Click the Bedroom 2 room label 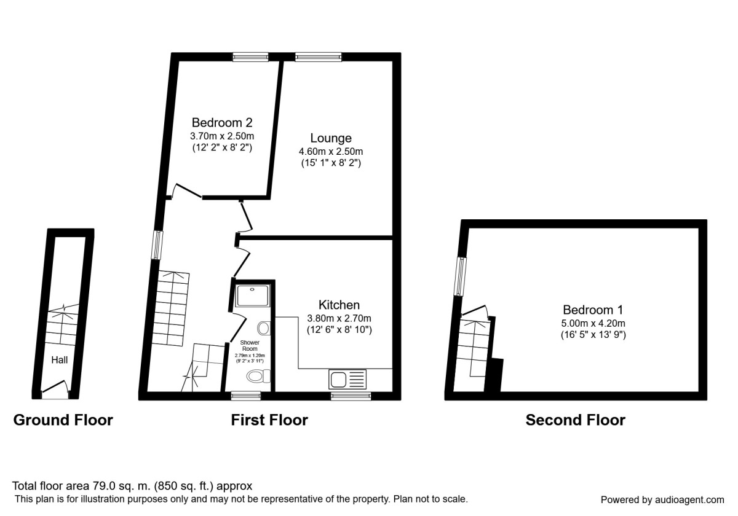222,123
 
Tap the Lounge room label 331,138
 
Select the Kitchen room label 339,305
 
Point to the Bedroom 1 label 593,310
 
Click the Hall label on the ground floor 60,360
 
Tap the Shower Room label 250,345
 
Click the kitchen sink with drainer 347,379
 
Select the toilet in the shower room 258,376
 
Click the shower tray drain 252,289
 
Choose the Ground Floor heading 63,420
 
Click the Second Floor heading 575,420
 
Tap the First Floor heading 269,420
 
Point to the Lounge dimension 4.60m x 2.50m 331,152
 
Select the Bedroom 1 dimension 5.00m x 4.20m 593,324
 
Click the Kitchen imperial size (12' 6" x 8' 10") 339,330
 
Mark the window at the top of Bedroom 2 250,57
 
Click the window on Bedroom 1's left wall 460,276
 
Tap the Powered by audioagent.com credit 662,500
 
